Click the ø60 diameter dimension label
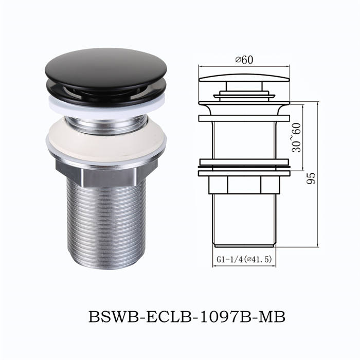pyautogui.click(x=244, y=60)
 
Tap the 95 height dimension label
pyautogui.click(x=311, y=178)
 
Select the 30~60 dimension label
pyautogui.click(x=296, y=138)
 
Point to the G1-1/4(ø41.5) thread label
pyautogui.click(x=244, y=259)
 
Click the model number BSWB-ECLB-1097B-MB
pyautogui.click(x=187, y=317)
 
